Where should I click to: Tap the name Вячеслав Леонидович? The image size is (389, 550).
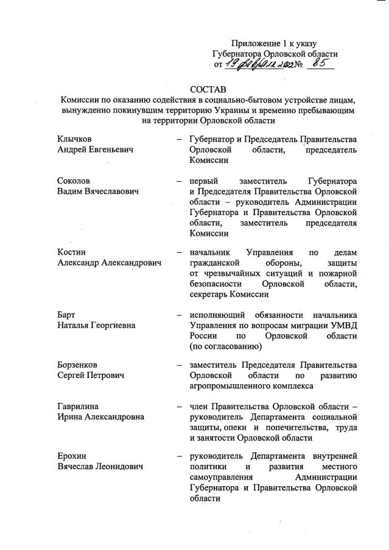(100, 466)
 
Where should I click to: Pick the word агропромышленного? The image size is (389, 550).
(228, 386)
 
